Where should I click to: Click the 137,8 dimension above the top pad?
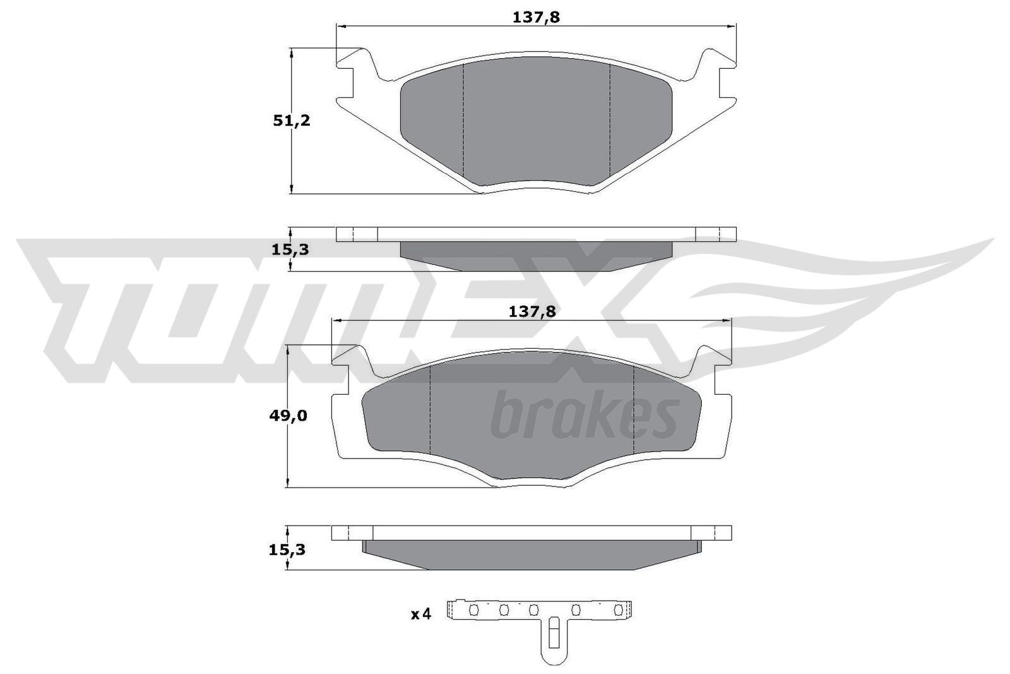click(536, 18)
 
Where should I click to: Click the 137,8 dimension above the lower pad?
click(533, 311)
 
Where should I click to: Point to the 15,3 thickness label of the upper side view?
click(290, 250)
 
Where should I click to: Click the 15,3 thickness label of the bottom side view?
click(287, 550)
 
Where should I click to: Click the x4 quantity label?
click(420, 613)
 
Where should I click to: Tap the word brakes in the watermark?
click(584, 416)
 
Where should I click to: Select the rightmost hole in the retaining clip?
click(619, 610)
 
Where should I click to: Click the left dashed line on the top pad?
click(463, 120)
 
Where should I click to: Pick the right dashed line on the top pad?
click(609, 120)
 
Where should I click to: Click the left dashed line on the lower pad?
click(429, 411)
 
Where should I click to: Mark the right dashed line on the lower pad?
click(633, 411)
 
